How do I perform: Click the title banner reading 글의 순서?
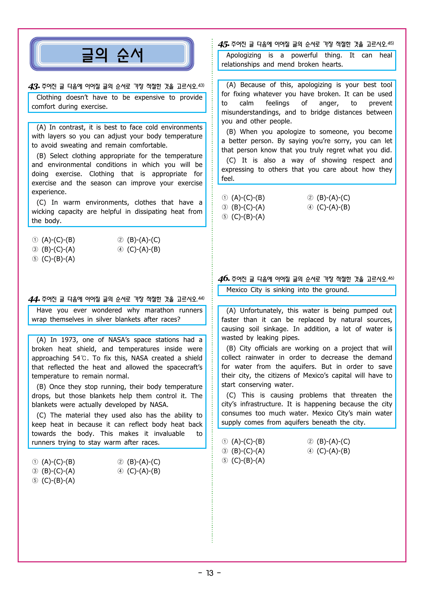(112, 54)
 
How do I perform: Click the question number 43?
(34, 87)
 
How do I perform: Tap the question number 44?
(34, 300)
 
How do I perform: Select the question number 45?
(223, 45)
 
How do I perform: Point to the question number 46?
(224, 279)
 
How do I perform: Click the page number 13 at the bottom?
(210, 573)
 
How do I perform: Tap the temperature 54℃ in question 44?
(81, 358)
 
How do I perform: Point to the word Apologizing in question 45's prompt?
(243, 55)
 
